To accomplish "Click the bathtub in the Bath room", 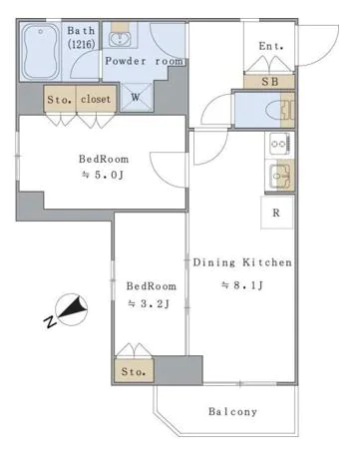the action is tap(40, 52).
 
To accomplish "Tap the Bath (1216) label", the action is tap(82, 37).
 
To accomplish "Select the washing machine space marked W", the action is tap(136, 97).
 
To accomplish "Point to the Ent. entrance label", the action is tap(271, 46).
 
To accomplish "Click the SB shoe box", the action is tap(269, 82).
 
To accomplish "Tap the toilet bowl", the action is tap(274, 110).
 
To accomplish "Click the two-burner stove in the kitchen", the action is tap(280, 144).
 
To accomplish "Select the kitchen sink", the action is tap(280, 175).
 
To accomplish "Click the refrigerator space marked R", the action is tap(276, 213).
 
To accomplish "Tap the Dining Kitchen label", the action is tap(242, 262).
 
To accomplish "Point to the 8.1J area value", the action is tap(242, 285).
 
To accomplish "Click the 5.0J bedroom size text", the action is tap(104, 175).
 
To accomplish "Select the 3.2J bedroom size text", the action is tap(150, 303).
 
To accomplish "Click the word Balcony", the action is tap(232, 412).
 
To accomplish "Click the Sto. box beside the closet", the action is tap(60, 99).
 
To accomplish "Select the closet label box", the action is tap(97, 99).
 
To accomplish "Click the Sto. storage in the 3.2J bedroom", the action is tap(134, 371).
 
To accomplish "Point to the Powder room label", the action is tap(145, 61).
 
